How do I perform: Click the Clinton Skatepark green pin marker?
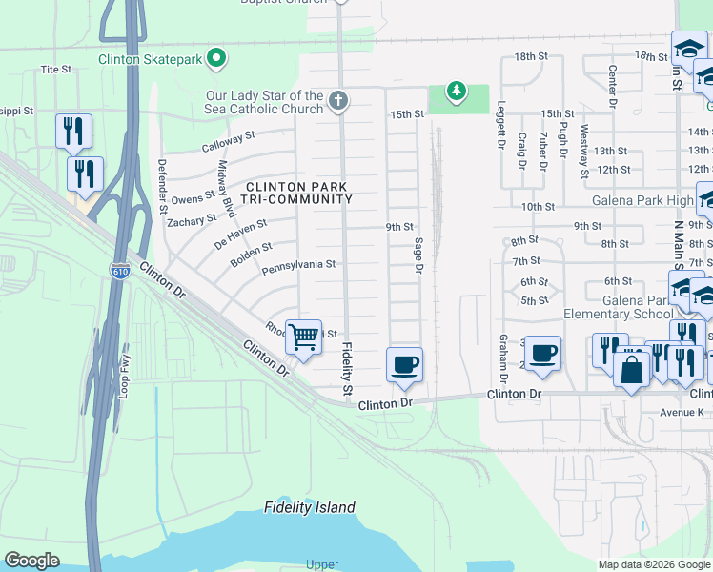pos(217,59)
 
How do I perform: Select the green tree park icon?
pos(458,92)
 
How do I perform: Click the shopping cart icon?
pos(303,337)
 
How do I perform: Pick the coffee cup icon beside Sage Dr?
pos(404,364)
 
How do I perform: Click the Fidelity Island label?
pos(309,507)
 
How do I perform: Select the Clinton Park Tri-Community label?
pos(298,193)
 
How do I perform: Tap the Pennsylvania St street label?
pos(299,264)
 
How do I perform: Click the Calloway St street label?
pos(228,142)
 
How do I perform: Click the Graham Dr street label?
pos(502,355)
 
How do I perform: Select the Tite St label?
pos(56,70)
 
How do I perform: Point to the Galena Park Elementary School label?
pos(617,314)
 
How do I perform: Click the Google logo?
pos(32,561)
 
